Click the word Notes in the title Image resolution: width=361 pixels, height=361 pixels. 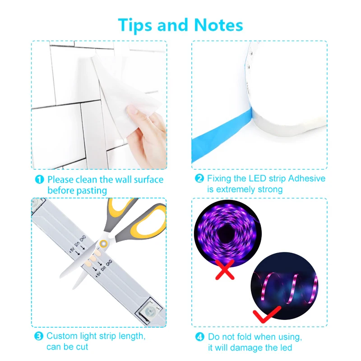tap(218, 25)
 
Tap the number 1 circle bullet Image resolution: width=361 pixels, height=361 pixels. tap(40, 180)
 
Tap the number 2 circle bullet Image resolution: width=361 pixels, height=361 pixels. tap(199, 179)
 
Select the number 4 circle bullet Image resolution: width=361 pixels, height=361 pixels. tap(199, 337)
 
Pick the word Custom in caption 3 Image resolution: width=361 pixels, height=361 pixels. tap(62, 336)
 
